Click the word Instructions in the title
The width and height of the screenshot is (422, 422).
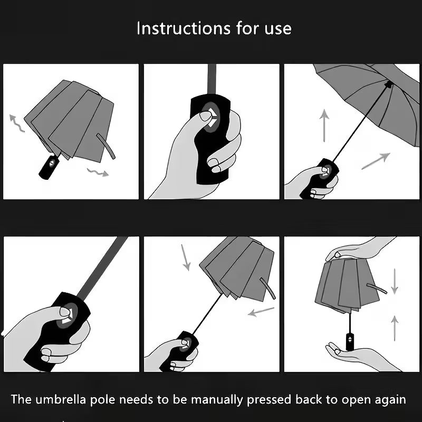click(x=176, y=28)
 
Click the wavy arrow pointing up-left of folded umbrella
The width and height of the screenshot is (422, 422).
click(x=16, y=123)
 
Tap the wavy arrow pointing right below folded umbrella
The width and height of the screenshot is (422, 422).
click(x=98, y=171)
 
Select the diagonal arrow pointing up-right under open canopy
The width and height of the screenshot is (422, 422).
click(x=376, y=161)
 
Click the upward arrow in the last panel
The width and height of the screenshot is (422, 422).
click(x=395, y=327)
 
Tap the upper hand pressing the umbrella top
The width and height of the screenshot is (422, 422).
click(x=359, y=248)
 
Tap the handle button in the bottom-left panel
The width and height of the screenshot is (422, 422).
click(x=66, y=315)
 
